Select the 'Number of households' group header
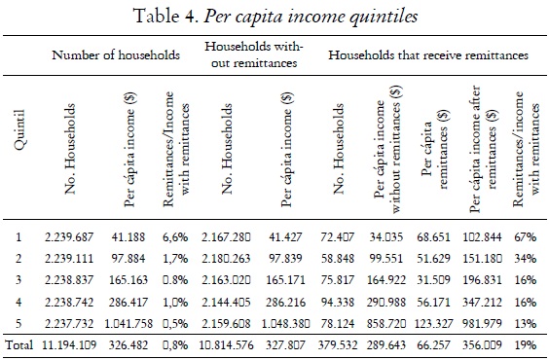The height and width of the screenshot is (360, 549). click(x=116, y=55)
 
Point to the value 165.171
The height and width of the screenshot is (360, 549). click(x=289, y=278)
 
